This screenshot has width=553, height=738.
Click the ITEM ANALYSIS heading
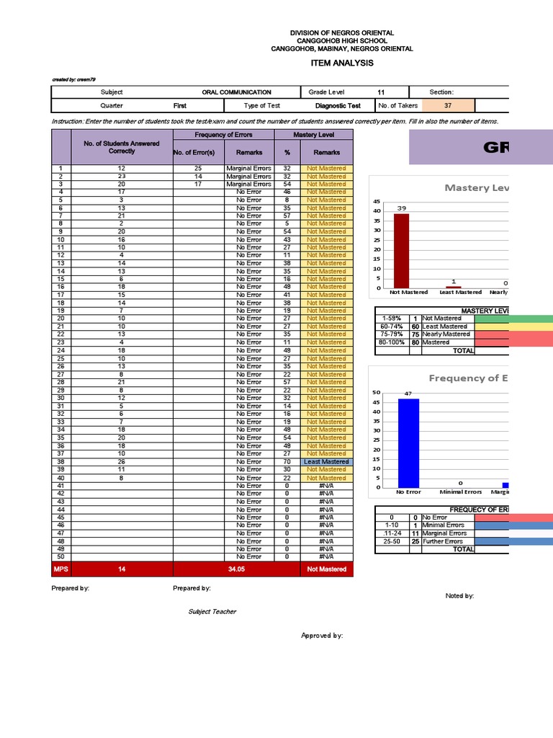click(x=342, y=63)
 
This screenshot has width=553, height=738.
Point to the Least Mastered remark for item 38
click(x=326, y=462)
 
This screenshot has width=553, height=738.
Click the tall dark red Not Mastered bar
click(x=401, y=251)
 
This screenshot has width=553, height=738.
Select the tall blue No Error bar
click(x=408, y=443)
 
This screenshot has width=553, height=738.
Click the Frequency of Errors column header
click(x=224, y=135)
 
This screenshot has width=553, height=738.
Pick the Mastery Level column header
click(x=313, y=135)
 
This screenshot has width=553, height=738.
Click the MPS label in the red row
click(x=61, y=569)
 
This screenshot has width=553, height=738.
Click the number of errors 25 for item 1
click(x=198, y=168)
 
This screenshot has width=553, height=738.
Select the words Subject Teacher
click(x=212, y=612)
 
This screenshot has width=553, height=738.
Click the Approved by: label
click(x=322, y=636)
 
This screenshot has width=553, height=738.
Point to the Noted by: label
click(x=460, y=596)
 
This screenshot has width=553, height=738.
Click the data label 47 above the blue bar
click(x=408, y=394)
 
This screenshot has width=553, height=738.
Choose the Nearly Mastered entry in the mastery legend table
click(x=446, y=334)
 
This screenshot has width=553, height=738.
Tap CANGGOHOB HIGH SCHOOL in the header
click(x=342, y=41)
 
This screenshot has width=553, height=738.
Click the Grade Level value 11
click(x=381, y=92)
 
